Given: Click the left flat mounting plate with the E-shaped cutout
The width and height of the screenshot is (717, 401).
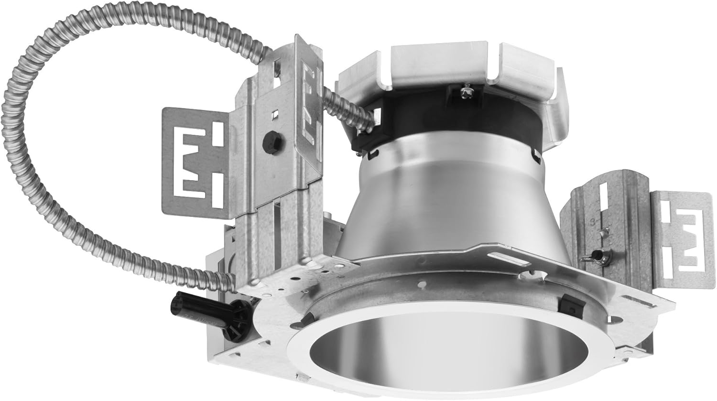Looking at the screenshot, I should pyautogui.click(x=196, y=158).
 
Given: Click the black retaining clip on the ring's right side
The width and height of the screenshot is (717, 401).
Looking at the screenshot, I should pyautogui.click(x=568, y=302).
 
